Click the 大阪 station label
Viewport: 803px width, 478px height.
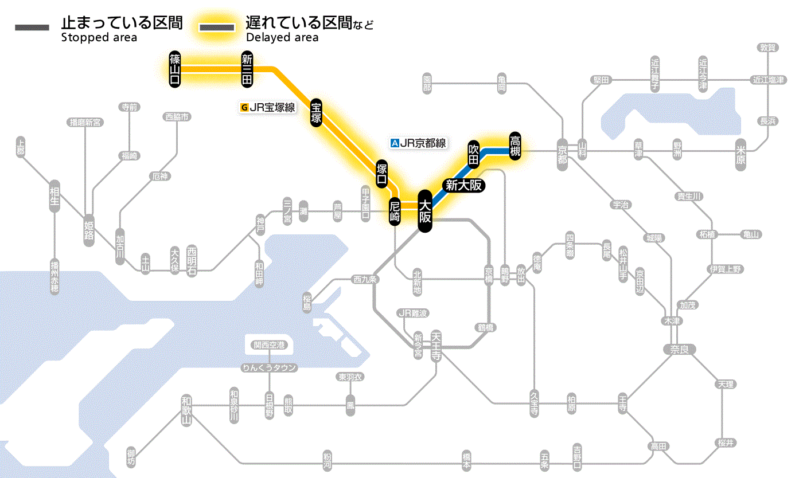tap(424, 211)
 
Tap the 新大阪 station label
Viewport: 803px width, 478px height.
tap(465, 185)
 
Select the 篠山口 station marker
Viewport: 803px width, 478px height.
tap(175, 69)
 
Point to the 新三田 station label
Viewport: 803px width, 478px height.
tap(247, 69)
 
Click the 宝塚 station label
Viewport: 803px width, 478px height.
tap(316, 112)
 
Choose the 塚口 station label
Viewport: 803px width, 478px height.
tap(381, 174)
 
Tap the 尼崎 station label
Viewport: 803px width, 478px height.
tap(395, 212)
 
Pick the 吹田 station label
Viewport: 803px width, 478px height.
tap(473, 154)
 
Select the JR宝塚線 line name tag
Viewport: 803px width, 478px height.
tap(268, 107)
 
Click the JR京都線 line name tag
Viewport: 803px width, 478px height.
tap(419, 143)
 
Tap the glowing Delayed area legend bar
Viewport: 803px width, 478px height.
tap(217, 27)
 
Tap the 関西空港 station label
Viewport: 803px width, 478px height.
tap(269, 345)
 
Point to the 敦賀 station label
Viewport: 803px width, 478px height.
tap(769, 48)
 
